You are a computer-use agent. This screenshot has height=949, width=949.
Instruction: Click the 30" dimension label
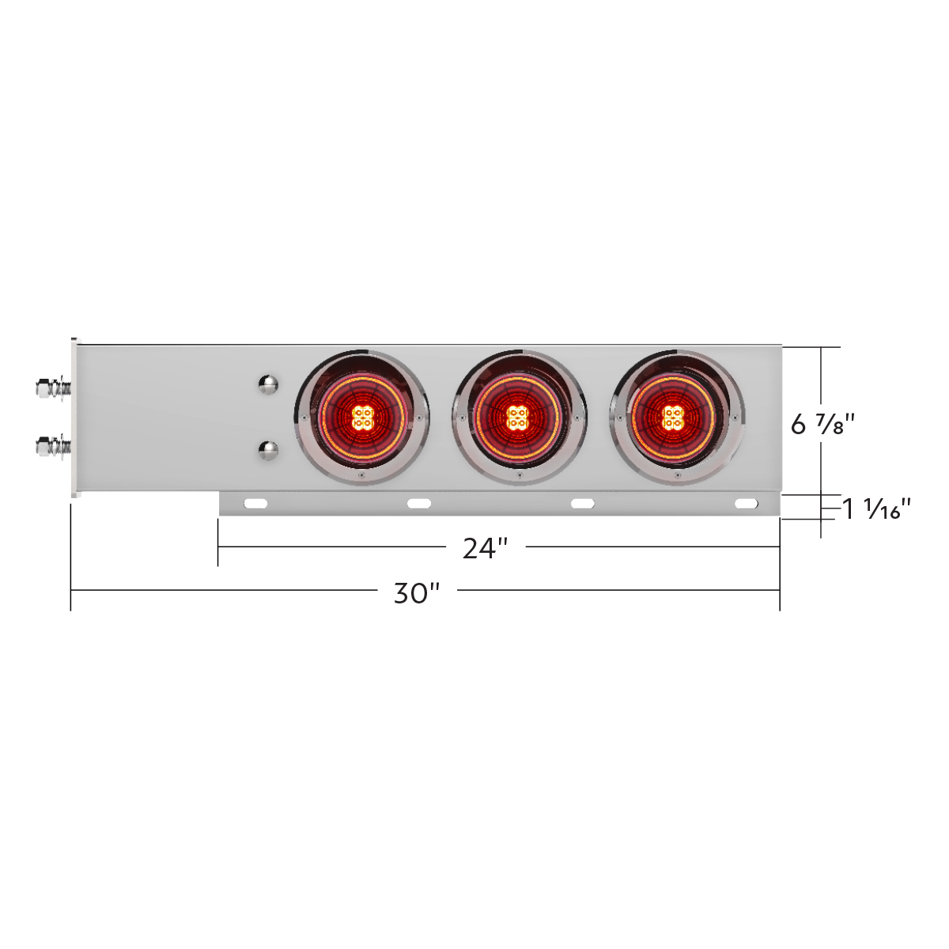point(416,592)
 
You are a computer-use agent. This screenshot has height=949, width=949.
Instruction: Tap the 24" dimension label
point(485,548)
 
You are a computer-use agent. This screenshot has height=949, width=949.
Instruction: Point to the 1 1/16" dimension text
point(876,509)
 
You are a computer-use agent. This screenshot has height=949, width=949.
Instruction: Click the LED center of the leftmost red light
point(362,417)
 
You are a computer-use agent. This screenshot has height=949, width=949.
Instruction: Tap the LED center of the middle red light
point(518,417)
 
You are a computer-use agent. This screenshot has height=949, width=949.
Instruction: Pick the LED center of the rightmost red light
point(673,417)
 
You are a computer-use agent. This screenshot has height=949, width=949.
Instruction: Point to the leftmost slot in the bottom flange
point(256,504)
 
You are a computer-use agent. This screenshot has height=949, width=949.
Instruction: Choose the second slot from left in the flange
point(418,504)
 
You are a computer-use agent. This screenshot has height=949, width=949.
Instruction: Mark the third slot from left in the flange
point(583,504)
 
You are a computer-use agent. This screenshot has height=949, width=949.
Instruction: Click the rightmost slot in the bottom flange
point(746,504)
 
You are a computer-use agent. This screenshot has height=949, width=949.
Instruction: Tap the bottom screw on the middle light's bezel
point(518,476)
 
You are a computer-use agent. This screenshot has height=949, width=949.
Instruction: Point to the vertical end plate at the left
point(76,418)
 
